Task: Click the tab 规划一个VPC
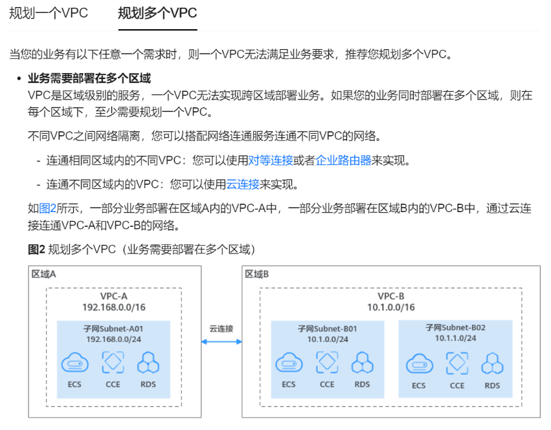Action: (49, 14)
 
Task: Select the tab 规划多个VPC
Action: (157, 14)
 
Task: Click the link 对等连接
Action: (271, 160)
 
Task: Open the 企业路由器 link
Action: (343, 160)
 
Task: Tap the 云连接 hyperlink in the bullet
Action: (243, 184)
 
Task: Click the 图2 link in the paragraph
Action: (49, 208)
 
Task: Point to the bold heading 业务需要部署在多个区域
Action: (89, 78)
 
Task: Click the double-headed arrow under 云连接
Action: (221, 342)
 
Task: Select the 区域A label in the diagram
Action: (44, 274)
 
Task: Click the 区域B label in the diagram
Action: (257, 274)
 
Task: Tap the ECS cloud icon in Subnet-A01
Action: (74, 363)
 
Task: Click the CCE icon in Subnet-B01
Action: (327, 362)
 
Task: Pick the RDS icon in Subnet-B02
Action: (492, 363)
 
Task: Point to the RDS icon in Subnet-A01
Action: (148, 363)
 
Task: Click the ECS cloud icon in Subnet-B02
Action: (419, 363)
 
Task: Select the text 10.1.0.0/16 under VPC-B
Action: (391, 307)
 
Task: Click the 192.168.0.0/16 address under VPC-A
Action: (114, 307)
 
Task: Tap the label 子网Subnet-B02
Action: (456, 327)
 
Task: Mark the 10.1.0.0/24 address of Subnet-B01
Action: (328, 339)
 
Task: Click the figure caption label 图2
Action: (36, 249)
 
